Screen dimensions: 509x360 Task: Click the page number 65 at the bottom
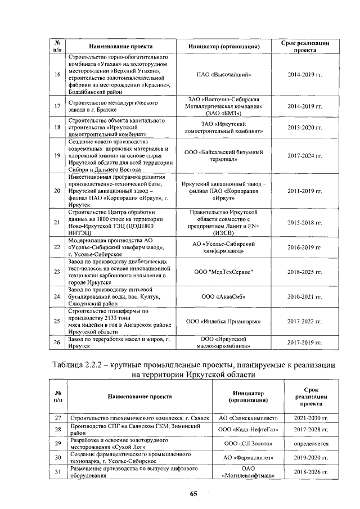click(193, 494)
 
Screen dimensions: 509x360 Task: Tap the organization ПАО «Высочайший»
click(223, 74)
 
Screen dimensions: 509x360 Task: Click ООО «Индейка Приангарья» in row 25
click(223, 321)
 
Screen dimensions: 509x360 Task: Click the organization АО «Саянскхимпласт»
click(247, 418)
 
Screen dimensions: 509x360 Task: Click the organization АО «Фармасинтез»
click(247, 458)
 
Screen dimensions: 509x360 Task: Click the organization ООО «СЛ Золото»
click(247, 444)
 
